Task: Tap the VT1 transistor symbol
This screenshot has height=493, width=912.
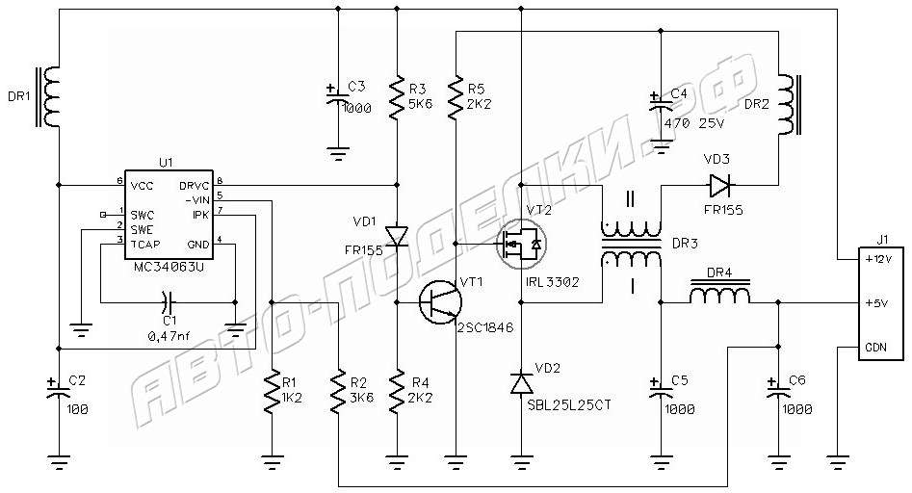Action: [440, 303]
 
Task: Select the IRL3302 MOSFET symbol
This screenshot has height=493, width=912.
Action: [521, 245]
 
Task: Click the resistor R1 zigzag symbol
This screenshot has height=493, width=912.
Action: [272, 393]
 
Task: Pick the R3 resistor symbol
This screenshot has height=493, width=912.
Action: [397, 97]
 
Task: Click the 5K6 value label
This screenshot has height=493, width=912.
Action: [421, 104]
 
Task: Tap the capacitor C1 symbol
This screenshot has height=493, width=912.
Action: [167, 301]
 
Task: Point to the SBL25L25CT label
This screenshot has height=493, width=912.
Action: [569, 404]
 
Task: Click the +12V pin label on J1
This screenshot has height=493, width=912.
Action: [877, 259]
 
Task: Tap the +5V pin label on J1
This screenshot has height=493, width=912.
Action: [877, 303]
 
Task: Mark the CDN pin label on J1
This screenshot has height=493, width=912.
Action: [876, 347]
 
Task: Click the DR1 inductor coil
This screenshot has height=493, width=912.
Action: [49, 97]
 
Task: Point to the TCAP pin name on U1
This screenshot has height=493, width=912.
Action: [144, 245]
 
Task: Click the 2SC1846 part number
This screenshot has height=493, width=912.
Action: [485, 328]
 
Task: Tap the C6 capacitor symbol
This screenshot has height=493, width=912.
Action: [779, 390]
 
